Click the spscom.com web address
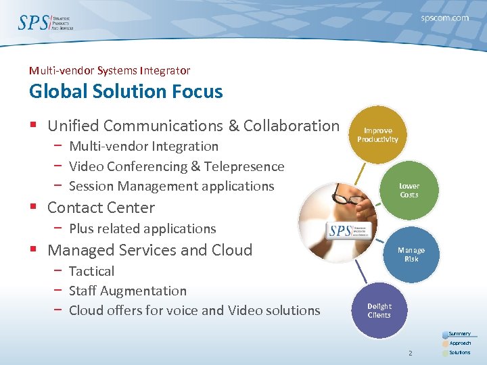coord(444,18)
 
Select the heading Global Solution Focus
coord(126,91)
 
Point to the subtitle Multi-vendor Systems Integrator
coord(110,70)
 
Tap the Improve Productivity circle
coord(377,135)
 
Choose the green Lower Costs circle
coord(409,190)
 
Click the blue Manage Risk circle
coord(411,254)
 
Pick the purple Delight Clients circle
coord(379,310)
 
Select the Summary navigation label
coord(460,334)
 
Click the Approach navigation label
coord(460,343)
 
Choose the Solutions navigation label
coord(460,353)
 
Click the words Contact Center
coord(101,208)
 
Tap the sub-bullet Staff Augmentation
coord(128,291)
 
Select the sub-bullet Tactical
coord(92,271)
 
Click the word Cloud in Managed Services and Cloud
coord(230,250)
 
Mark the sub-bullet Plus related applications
coord(143,228)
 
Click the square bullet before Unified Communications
coord(34,126)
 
